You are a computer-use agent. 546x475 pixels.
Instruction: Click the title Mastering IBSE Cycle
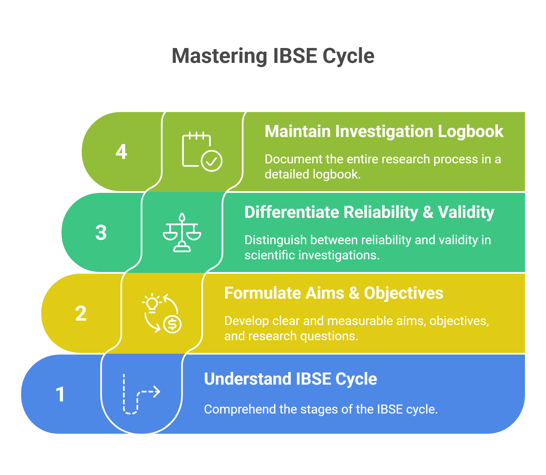click(273, 56)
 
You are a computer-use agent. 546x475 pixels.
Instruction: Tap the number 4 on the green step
click(121, 152)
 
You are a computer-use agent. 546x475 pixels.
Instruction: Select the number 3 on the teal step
click(101, 232)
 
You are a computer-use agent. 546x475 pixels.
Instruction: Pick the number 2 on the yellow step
click(81, 313)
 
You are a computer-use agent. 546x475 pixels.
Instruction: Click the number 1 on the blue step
click(60, 394)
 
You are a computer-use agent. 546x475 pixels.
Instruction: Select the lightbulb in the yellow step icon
click(152, 303)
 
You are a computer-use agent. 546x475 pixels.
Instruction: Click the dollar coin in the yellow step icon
click(172, 324)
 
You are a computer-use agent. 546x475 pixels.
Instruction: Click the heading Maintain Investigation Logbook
click(384, 131)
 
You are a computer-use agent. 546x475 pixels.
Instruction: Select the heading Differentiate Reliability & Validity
click(369, 212)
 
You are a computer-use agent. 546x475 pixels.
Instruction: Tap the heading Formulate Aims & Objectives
click(333, 293)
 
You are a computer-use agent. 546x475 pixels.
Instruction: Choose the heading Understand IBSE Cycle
click(290, 379)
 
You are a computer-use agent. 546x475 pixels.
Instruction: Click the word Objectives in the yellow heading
click(403, 293)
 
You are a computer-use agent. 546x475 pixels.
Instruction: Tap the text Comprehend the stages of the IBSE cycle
click(320, 409)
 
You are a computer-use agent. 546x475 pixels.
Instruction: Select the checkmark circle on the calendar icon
click(212, 161)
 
